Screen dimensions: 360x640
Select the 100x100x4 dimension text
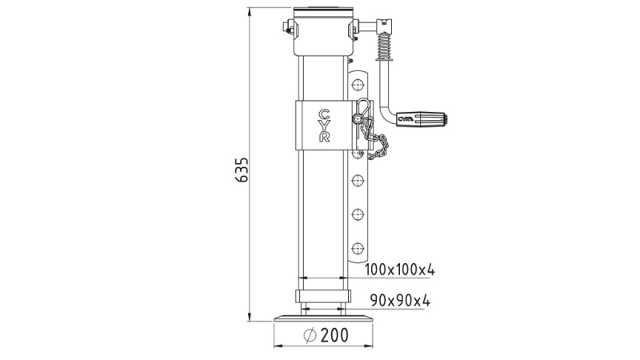click(x=399, y=269)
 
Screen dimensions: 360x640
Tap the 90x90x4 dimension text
click(x=400, y=301)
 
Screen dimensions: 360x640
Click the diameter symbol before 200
click(x=310, y=336)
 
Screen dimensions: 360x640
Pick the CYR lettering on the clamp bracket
click(x=323, y=126)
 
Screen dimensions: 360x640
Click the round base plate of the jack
click(x=323, y=318)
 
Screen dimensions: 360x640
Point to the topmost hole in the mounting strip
click(x=358, y=82)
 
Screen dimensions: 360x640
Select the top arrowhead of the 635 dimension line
click(x=250, y=10)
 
